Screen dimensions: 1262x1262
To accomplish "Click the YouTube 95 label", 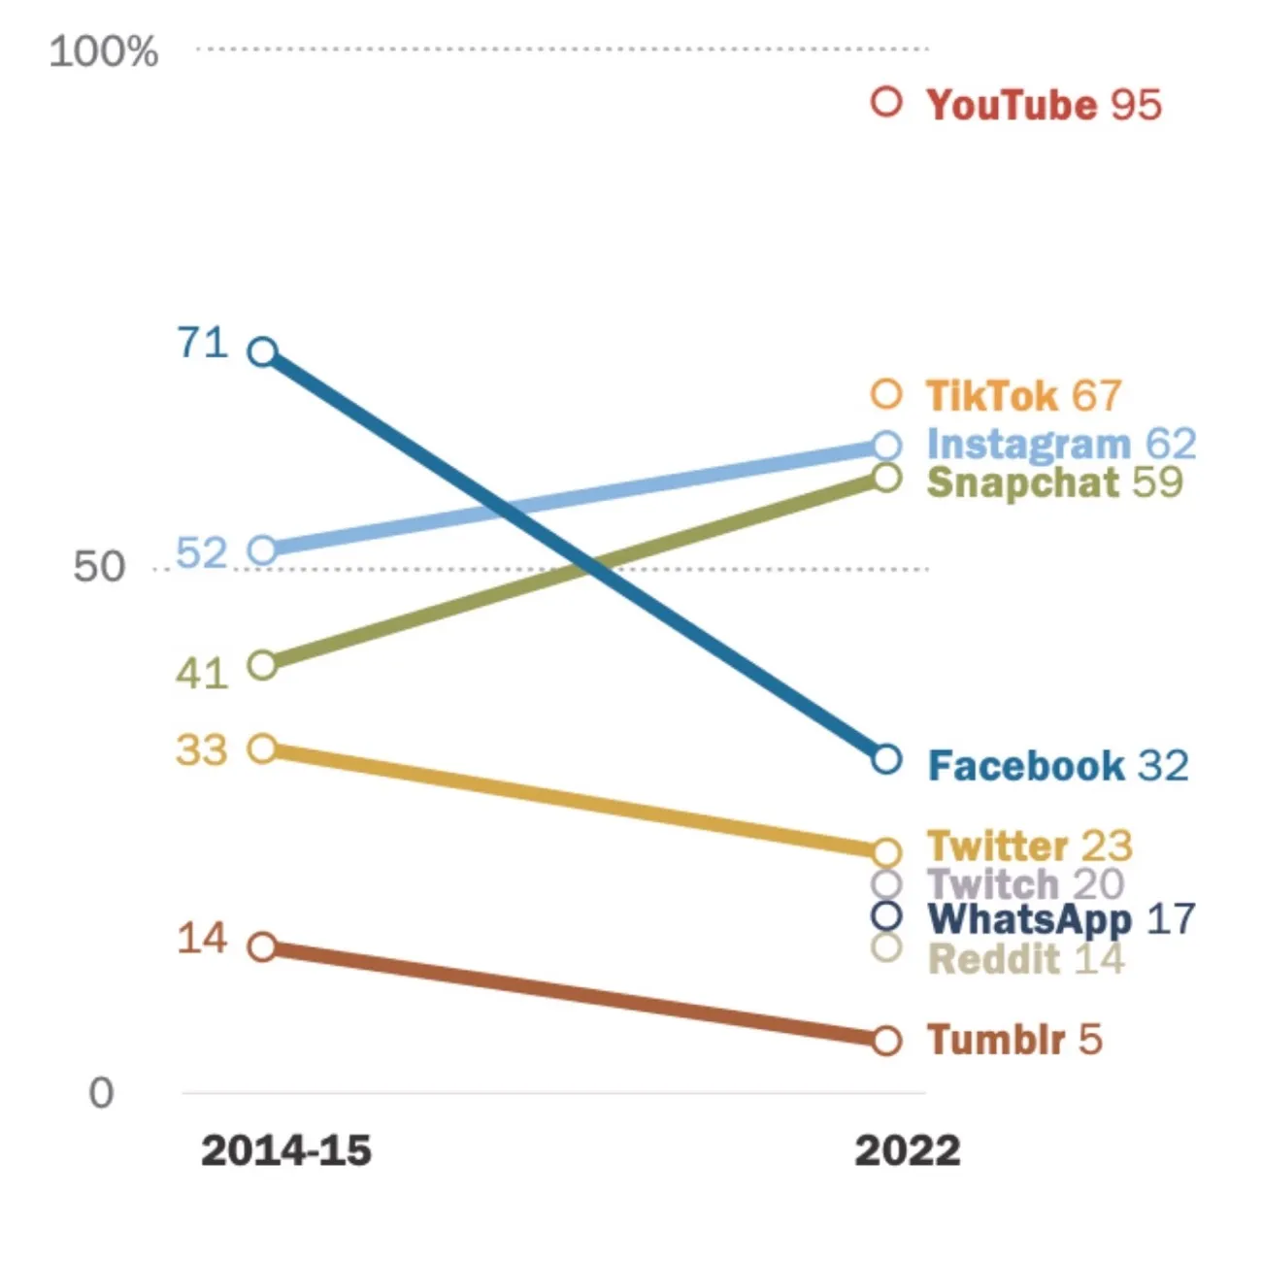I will [x=1044, y=105].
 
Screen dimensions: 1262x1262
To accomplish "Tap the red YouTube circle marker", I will [x=886, y=102].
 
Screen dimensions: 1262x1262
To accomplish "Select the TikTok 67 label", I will [x=1023, y=396].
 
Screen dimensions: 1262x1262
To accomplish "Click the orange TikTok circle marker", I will [x=886, y=394].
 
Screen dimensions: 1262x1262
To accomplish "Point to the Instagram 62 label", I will [x=1061, y=444].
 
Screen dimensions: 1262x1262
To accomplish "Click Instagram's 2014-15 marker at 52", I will [x=263, y=550].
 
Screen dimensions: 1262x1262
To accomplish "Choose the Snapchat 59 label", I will [x=1054, y=482].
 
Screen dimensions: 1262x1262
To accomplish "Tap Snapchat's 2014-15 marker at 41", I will [x=263, y=665].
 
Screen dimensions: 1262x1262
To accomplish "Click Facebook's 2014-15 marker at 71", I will [x=263, y=351].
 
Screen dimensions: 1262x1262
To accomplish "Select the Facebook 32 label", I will [x=1058, y=766].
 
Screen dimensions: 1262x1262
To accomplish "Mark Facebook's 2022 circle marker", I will [x=886, y=758].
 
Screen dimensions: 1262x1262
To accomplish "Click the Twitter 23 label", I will [x=1030, y=846].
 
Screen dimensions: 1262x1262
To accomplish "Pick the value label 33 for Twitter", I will [x=202, y=750].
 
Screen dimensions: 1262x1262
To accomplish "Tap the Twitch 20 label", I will [x=1025, y=884].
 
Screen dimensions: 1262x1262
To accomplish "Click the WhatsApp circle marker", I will [x=886, y=915].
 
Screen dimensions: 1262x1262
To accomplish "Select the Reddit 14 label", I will [x=1026, y=959].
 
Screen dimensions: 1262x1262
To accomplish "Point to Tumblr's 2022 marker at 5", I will [x=886, y=1041].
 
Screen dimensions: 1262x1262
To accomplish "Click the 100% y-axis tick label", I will [x=104, y=51].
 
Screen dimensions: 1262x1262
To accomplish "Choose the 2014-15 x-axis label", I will [x=286, y=1151].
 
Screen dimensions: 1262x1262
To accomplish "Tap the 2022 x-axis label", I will [x=907, y=1151].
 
